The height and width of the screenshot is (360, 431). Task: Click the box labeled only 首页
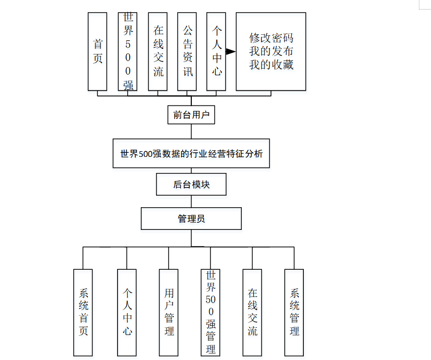(x=97, y=51)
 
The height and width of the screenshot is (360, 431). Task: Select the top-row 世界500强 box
(x=128, y=51)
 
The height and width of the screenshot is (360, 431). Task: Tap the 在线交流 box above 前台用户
(x=158, y=51)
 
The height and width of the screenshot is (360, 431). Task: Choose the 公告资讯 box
(x=187, y=51)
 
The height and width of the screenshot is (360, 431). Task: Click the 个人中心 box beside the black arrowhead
(x=217, y=51)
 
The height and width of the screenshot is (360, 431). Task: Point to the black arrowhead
(x=231, y=51)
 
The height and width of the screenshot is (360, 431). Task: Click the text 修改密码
(x=271, y=38)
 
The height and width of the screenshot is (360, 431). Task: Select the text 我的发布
(x=271, y=51)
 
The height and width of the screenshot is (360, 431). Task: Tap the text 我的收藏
(x=271, y=65)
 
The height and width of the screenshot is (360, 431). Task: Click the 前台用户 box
(x=191, y=115)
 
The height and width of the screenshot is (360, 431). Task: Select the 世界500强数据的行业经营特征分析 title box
(x=191, y=153)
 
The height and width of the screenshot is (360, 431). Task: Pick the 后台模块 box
(x=191, y=185)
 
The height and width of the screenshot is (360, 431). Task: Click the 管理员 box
(x=191, y=219)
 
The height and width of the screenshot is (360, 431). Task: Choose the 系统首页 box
(x=83, y=312)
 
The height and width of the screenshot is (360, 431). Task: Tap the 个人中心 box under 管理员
(x=127, y=312)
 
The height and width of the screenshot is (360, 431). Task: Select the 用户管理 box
(x=169, y=312)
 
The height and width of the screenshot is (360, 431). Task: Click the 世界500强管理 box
(x=210, y=312)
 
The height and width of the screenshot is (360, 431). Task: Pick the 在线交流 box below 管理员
(x=252, y=312)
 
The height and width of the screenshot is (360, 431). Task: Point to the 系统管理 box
(x=294, y=312)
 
